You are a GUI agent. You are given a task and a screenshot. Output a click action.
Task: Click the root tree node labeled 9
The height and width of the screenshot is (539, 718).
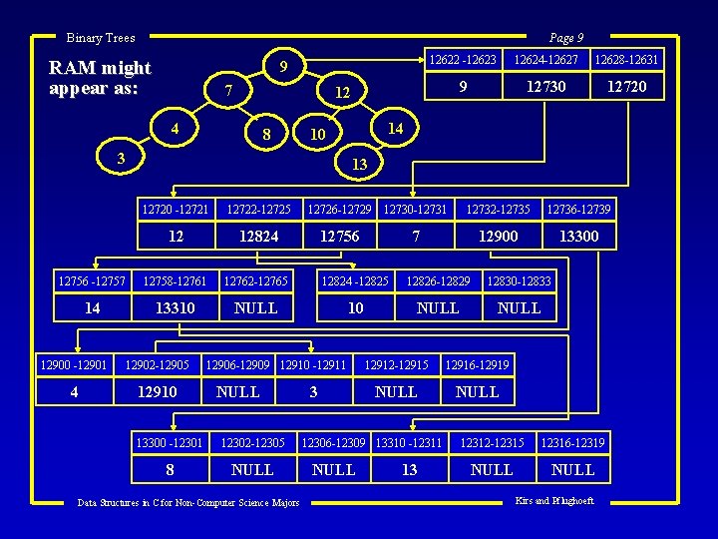[283, 68]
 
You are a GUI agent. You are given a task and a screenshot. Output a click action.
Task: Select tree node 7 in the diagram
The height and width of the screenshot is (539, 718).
[228, 92]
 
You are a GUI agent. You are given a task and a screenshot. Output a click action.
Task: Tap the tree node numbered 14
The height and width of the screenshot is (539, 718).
[395, 128]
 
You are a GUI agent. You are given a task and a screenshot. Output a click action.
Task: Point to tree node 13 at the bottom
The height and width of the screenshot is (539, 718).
[361, 164]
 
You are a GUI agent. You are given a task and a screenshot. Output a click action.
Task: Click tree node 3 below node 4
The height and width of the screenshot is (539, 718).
[121, 158]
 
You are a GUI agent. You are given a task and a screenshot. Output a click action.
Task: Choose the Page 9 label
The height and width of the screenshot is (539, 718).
[565, 38]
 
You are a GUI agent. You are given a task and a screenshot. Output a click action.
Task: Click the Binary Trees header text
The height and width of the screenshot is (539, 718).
[100, 38]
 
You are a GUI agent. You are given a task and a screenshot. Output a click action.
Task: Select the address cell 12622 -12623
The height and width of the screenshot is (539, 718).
[462, 61]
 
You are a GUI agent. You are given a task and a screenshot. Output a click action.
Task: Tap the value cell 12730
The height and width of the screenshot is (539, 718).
[546, 87]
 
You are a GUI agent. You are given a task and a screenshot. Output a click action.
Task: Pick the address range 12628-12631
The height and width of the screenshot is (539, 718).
[626, 61]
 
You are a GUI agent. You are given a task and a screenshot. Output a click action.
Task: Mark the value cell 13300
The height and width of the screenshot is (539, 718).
[578, 236]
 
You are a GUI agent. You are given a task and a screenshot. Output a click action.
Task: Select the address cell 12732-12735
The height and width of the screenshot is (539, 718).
[499, 209]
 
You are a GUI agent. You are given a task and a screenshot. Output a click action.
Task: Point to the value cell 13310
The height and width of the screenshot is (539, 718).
[175, 308]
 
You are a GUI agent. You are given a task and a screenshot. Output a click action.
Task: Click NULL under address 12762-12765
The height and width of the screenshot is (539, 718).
[255, 308]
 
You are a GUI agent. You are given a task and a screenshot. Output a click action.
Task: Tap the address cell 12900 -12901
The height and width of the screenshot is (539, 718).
[74, 365]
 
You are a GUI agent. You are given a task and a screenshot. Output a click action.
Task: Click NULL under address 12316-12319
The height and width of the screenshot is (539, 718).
[572, 469]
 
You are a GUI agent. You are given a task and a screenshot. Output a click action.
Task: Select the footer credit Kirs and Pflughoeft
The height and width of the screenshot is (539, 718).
[554, 501]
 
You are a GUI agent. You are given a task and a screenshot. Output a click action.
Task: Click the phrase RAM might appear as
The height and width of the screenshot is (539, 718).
[100, 77]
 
